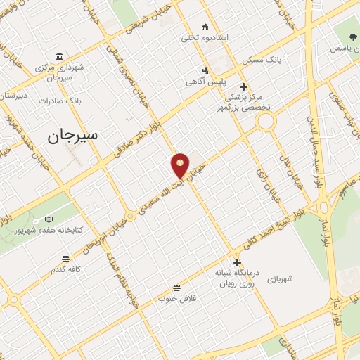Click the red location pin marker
[180, 165]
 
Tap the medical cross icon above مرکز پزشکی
[244, 86]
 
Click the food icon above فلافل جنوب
[176, 288]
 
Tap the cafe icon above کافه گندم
[65, 259]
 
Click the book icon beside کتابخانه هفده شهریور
[48, 219]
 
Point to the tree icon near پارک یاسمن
[353, 37]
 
